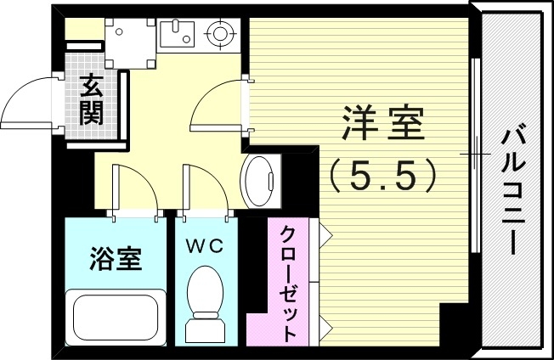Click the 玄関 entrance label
pos(92,98)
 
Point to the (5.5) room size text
pos(383,175)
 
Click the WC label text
pos(205,245)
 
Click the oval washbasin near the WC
pos(260,179)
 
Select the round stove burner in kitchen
pos(220,35)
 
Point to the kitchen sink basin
pos(178,34)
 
